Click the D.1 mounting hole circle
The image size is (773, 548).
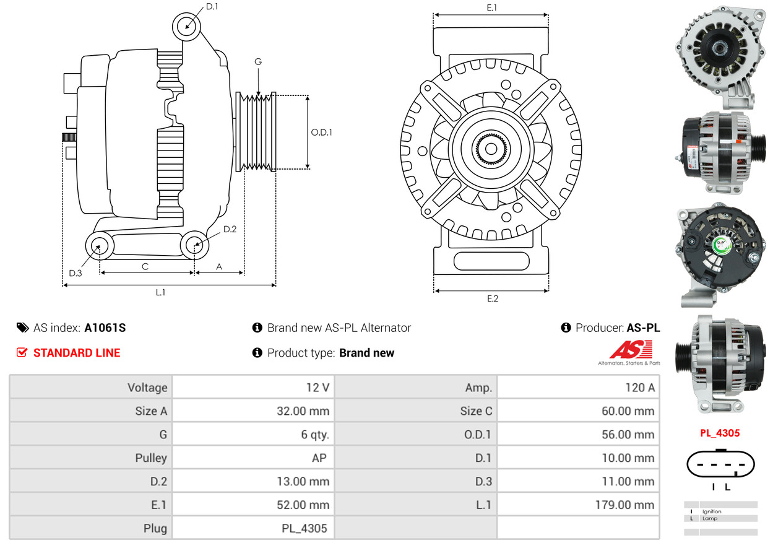(186, 27)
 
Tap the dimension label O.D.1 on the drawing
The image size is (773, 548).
(321, 132)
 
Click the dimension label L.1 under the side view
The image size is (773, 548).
(160, 292)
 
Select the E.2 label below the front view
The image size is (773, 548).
(492, 298)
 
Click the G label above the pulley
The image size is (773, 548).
(258, 61)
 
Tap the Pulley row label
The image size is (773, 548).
(151, 458)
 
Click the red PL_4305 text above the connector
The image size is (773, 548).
(720, 433)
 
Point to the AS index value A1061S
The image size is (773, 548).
(105, 328)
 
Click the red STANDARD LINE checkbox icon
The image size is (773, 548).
(22, 352)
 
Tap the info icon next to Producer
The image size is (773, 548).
(566, 328)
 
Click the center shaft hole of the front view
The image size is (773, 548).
(490, 149)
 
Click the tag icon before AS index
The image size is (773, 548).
(22, 328)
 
